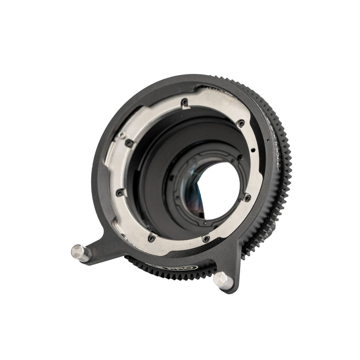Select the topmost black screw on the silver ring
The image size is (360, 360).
(185, 102)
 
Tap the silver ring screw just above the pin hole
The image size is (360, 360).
(241, 123)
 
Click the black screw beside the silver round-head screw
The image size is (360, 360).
(128, 143)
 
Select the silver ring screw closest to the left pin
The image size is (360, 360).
(152, 238)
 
